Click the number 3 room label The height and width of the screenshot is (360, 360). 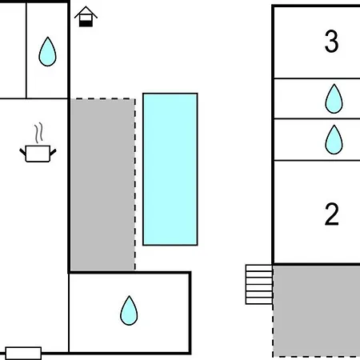(x=331, y=41)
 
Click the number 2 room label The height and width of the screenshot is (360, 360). (x=331, y=214)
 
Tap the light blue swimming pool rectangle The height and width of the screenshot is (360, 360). (x=170, y=169)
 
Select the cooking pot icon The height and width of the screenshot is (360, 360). (x=38, y=154)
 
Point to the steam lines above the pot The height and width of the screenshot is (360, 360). (x=38, y=133)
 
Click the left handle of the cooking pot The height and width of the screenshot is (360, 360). (x=22, y=152)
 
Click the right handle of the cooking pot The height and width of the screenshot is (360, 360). (x=53, y=152)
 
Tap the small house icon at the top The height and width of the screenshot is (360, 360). (x=86, y=17)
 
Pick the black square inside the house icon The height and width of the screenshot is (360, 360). (x=86, y=23)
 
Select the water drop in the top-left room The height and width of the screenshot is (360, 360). (x=47, y=51)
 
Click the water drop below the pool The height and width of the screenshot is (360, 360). (x=129, y=310)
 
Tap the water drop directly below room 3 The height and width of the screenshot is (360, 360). (x=334, y=98)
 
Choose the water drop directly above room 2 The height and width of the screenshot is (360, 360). (x=334, y=139)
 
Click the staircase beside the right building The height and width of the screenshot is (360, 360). (x=259, y=285)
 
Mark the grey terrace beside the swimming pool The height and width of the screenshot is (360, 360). (x=103, y=185)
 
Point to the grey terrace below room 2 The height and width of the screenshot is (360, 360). (x=317, y=310)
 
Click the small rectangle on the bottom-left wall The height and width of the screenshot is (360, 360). (x=23, y=353)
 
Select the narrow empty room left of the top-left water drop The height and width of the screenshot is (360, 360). (x=13, y=50)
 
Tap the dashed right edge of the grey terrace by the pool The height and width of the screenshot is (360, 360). (x=135, y=185)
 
